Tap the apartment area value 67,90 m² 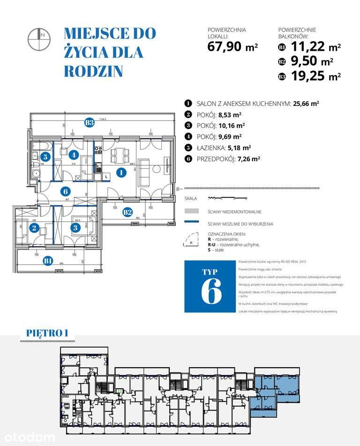click(232, 47)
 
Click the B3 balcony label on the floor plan click(89, 123)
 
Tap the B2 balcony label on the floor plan click(127, 212)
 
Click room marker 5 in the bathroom click(45, 157)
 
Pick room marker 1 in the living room click(121, 173)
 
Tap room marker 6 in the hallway click(65, 191)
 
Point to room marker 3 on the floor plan click(75, 228)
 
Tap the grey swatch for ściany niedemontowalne click(192, 212)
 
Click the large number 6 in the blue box click(211, 292)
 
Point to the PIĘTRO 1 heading click(47, 333)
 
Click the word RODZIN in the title click(93, 70)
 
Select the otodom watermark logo click(28, 437)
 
